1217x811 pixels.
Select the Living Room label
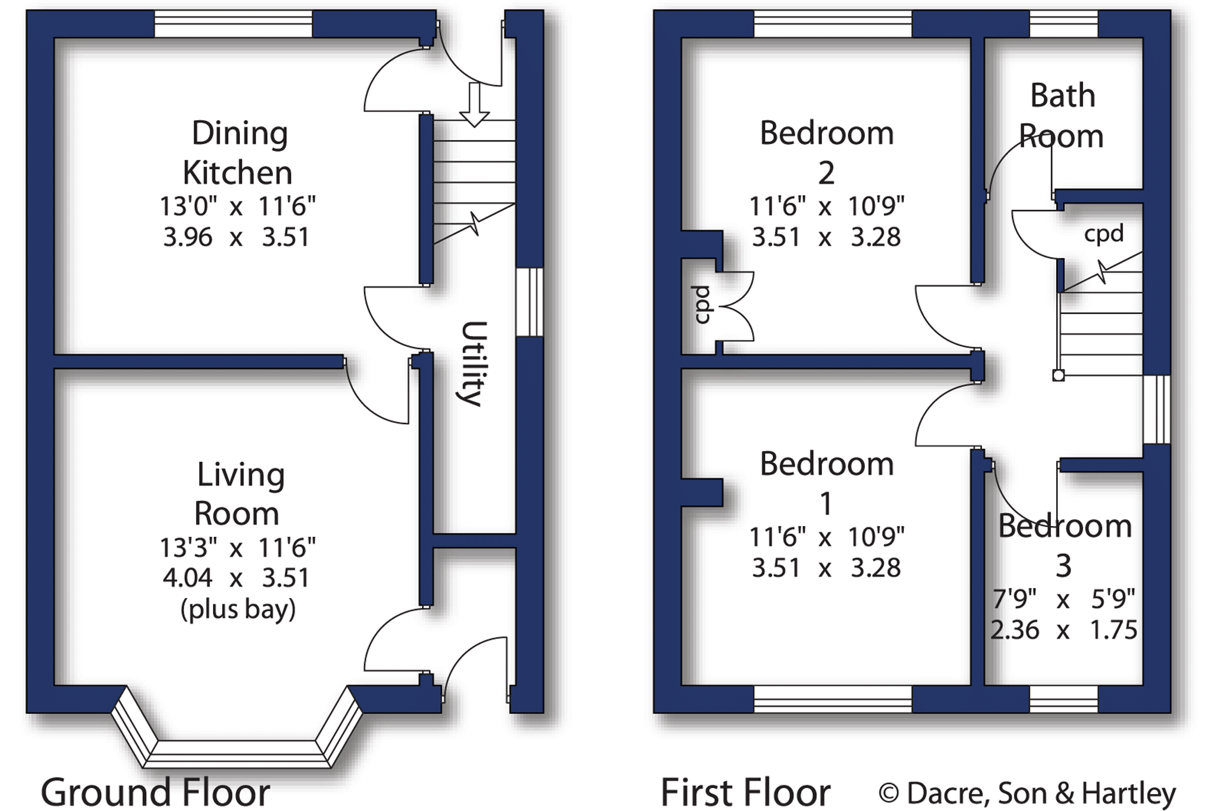tap(239, 493)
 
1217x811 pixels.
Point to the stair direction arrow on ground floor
tap(474, 104)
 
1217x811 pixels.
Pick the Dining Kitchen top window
tap(234, 24)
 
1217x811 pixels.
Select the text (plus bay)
tap(238, 610)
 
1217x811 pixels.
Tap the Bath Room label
tap(1062, 116)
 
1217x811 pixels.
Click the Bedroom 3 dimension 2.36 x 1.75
tap(1064, 630)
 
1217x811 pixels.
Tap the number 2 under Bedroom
tap(826, 173)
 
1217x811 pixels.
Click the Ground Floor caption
tap(155, 793)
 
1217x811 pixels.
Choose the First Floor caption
tap(745, 793)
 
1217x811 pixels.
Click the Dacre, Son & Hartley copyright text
tap(1028, 794)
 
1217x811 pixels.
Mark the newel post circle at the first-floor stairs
tap(1058, 375)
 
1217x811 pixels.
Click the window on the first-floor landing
tap(1157, 409)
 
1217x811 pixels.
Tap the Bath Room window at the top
tap(1064, 24)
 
